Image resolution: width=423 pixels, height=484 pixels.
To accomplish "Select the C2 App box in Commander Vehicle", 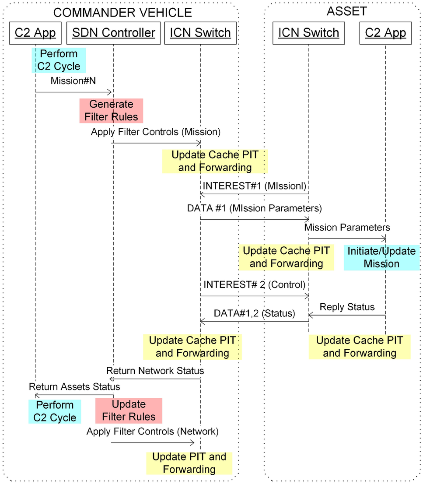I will [35, 33].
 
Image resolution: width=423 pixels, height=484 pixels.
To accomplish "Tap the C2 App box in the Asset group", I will [385, 33].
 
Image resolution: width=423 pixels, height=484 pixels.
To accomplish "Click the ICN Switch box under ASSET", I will [309, 33].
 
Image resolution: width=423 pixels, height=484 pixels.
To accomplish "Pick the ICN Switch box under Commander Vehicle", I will [200, 33].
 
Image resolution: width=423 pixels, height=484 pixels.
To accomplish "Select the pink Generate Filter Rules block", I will [111, 111].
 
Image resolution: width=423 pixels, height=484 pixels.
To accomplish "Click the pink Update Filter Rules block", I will [129, 410].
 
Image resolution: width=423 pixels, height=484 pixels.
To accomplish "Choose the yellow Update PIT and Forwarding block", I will [189, 463].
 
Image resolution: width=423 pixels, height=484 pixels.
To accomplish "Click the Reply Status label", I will [347, 307].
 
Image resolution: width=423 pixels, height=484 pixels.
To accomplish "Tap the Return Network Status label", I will [155, 371].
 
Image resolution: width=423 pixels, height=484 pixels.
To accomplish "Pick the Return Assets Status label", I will [74, 387].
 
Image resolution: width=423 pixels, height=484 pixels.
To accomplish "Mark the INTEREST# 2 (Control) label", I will [254, 285].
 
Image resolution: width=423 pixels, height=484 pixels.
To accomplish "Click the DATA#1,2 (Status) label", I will [254, 313].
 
